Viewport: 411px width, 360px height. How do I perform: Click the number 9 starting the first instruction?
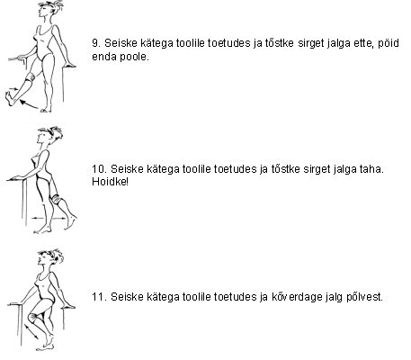click(96, 43)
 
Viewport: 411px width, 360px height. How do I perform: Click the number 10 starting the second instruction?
click(99, 169)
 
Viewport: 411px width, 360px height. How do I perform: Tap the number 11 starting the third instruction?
click(99, 297)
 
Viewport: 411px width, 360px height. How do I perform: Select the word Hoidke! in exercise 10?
click(110, 182)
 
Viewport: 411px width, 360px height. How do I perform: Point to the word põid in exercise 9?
click(389, 43)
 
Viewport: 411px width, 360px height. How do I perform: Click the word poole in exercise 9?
click(134, 57)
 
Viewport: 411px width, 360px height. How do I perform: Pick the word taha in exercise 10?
click(371, 169)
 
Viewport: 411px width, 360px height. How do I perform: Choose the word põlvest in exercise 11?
click(364, 297)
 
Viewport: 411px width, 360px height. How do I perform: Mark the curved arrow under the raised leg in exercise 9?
click(29, 104)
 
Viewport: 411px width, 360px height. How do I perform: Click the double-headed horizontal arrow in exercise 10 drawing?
click(49, 218)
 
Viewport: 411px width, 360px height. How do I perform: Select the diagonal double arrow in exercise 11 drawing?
click(31, 331)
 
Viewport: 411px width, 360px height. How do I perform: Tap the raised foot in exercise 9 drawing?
click(10, 98)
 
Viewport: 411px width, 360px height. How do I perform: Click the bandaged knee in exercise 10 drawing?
click(56, 199)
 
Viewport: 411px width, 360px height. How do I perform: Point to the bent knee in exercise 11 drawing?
click(32, 317)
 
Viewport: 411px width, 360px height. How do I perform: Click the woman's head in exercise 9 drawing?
click(49, 10)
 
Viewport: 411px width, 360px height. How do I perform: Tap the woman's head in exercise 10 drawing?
click(49, 137)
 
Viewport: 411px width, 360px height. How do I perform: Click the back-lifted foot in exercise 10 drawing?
click(71, 222)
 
